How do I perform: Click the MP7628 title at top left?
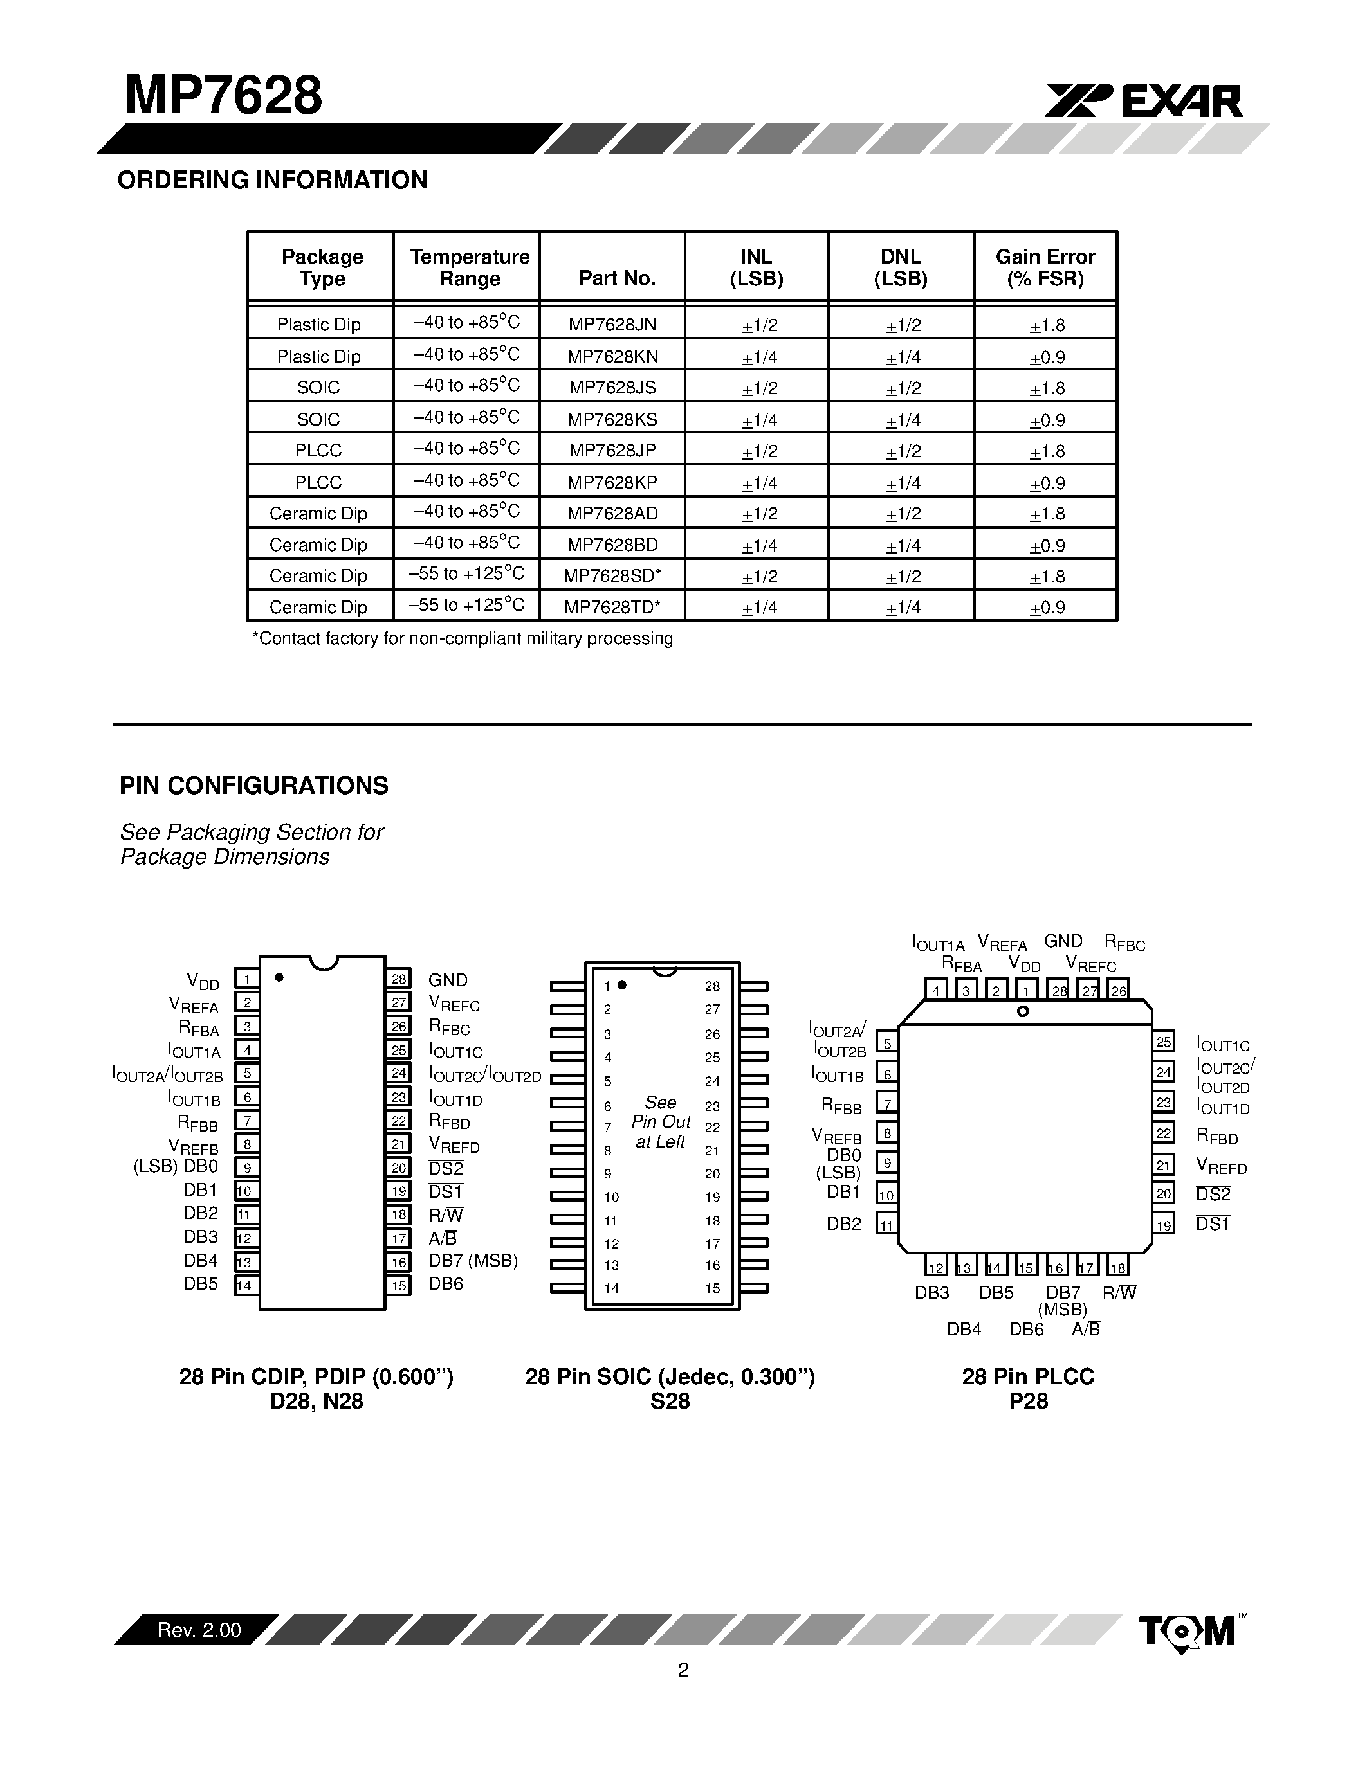(x=223, y=96)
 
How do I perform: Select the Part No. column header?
(x=616, y=278)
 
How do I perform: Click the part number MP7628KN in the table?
(x=612, y=356)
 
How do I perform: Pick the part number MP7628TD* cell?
(x=612, y=606)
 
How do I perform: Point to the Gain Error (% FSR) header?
(x=1045, y=268)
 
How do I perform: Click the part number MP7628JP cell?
(x=612, y=451)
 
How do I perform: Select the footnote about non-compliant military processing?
(x=463, y=638)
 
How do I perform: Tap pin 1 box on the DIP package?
(x=247, y=979)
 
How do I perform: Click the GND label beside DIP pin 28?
(x=448, y=980)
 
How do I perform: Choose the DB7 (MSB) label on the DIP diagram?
(x=473, y=1261)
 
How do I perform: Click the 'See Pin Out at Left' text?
(x=661, y=1122)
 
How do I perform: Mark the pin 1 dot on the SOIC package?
(x=622, y=985)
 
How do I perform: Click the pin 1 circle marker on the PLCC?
(x=1023, y=1011)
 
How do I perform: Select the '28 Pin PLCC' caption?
(x=1028, y=1376)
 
